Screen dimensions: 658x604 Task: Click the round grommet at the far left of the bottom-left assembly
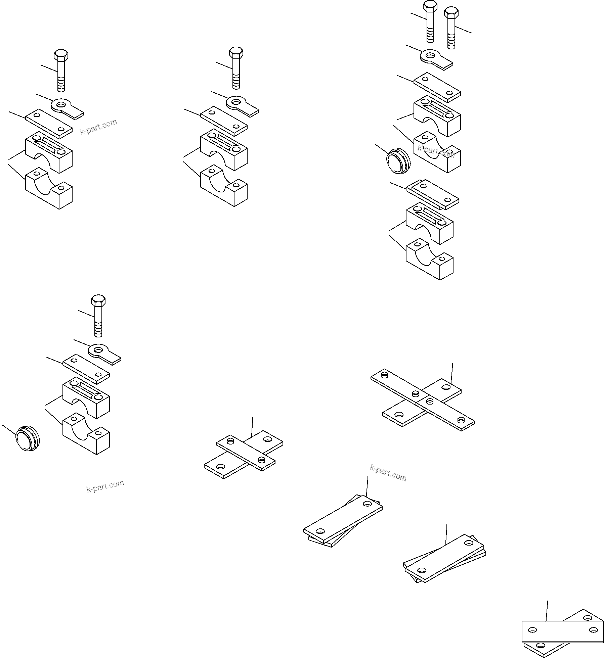pyautogui.click(x=28, y=438)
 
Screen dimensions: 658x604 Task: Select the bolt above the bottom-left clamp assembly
pyautogui.click(x=98, y=315)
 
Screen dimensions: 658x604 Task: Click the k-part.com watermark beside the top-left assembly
pyautogui.click(x=98, y=127)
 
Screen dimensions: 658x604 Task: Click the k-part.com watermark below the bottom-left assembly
pyautogui.click(x=105, y=486)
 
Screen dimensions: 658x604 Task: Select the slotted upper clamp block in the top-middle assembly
pyautogui.click(x=224, y=149)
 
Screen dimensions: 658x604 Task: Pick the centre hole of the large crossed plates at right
pyautogui.click(x=416, y=393)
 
